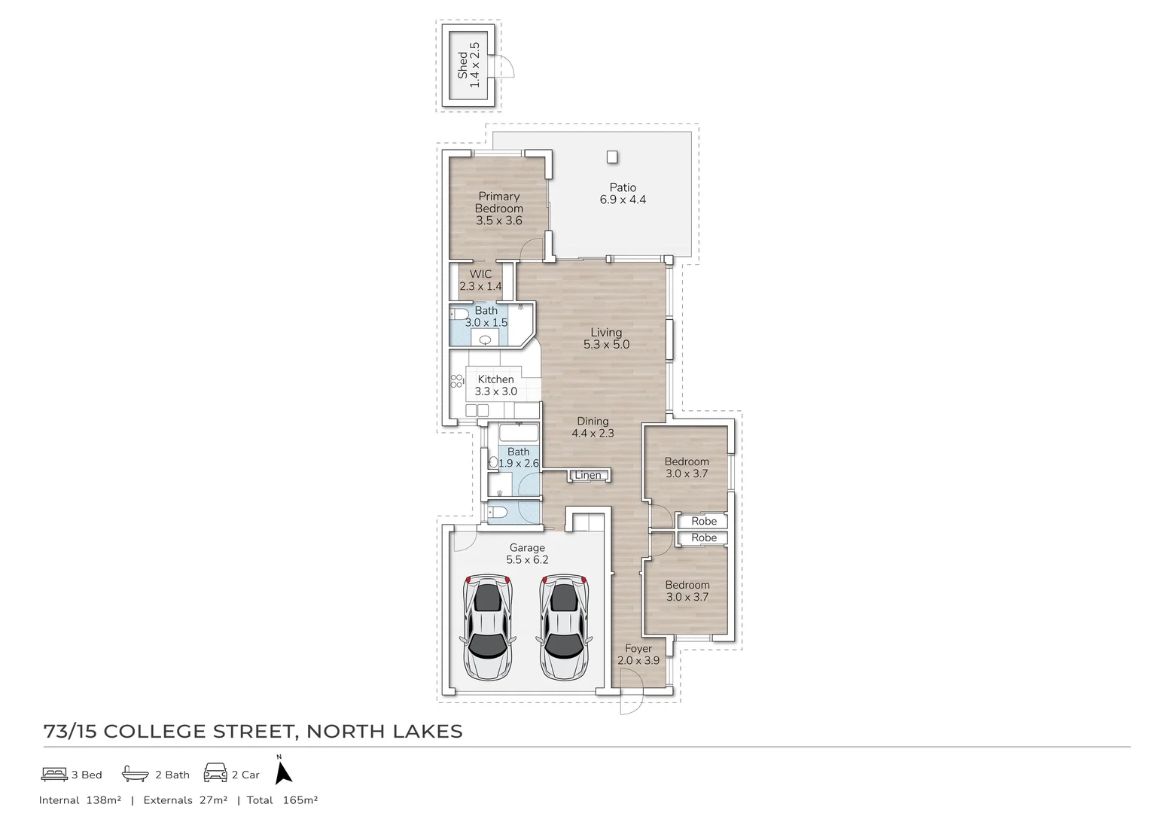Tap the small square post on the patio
[612, 157]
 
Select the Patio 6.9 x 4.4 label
[623, 193]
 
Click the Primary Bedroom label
[498, 209]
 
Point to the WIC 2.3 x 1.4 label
[480, 280]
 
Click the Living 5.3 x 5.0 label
[606, 338]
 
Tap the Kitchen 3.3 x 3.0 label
[495, 385]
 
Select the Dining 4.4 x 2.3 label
[593, 427]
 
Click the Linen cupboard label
[588, 475]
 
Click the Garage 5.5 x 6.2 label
[527, 553]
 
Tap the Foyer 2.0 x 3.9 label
[638, 654]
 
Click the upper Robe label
[704, 521]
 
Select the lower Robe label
[704, 537]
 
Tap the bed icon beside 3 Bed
[54, 774]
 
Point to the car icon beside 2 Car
[215, 774]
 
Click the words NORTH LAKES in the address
[385, 731]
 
